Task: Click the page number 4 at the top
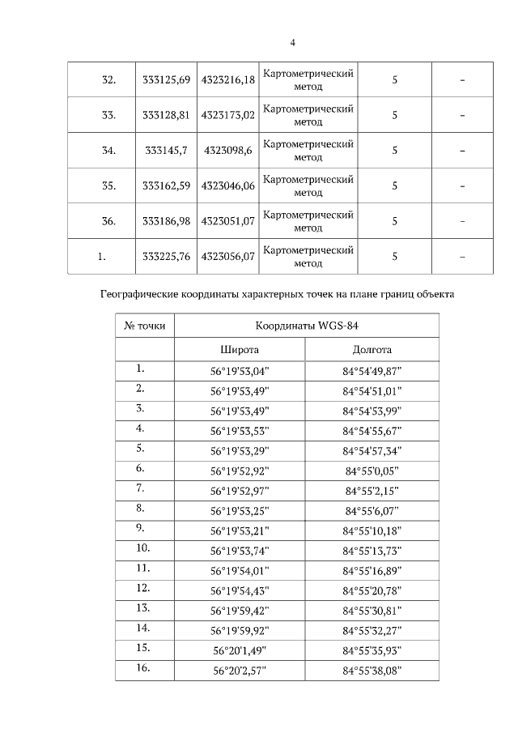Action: pyautogui.click(x=292, y=43)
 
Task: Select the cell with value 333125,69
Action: pyautogui.click(x=166, y=79)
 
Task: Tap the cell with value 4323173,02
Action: pyautogui.click(x=227, y=115)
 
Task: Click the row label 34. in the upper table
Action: pyautogui.click(x=108, y=151)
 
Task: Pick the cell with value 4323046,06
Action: pyautogui.click(x=227, y=186)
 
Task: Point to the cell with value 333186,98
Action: pyautogui.click(x=166, y=221)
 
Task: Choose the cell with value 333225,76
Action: pyautogui.click(x=166, y=257)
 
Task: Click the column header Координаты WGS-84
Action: pyautogui.click(x=307, y=326)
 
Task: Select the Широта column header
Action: pyautogui.click(x=240, y=350)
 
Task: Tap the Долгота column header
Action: pyautogui.click(x=372, y=350)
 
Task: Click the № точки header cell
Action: pyautogui.click(x=145, y=326)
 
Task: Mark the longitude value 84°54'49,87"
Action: pyautogui.click(x=372, y=371)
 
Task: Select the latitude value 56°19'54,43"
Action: pyautogui.click(x=240, y=590)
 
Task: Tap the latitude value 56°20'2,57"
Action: pyautogui.click(x=240, y=670)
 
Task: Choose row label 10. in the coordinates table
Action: pyautogui.click(x=145, y=548)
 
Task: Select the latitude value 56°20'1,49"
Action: pyautogui.click(x=240, y=650)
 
